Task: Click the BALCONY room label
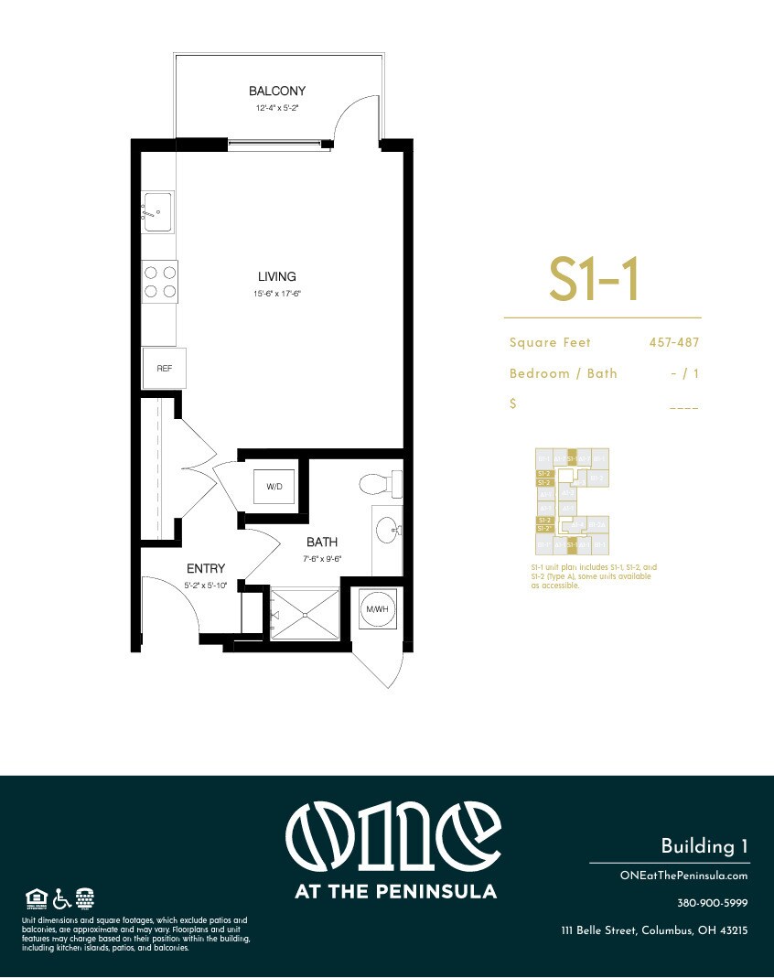tap(276, 91)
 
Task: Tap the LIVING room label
tap(276, 276)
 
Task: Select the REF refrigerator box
tap(165, 368)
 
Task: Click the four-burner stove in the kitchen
tap(159, 282)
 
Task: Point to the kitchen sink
tap(157, 211)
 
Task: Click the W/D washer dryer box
tap(274, 487)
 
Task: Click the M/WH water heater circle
tap(374, 610)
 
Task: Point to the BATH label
tap(322, 543)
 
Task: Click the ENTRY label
tap(206, 568)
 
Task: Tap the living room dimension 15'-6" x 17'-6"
tap(276, 294)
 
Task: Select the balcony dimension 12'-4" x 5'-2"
tap(276, 108)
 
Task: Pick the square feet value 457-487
tap(672, 342)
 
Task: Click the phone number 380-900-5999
tap(712, 903)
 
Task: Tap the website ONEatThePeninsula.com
tap(683, 876)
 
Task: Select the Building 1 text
tap(704, 846)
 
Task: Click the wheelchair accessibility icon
tap(61, 897)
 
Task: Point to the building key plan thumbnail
tap(572, 501)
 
